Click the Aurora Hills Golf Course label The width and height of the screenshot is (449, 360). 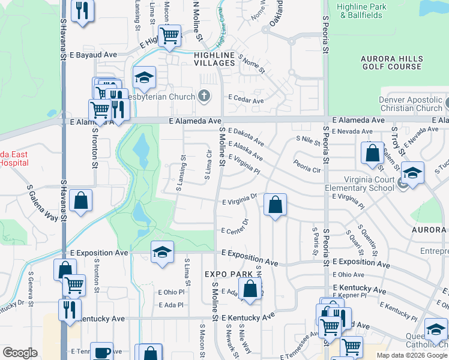click(391, 62)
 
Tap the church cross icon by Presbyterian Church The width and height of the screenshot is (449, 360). click(204, 96)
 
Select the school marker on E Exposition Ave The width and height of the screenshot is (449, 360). click(161, 252)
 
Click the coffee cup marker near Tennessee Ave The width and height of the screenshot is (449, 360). click(102, 352)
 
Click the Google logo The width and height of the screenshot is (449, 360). click(20, 353)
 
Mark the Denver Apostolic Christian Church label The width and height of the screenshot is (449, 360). click(411, 104)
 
